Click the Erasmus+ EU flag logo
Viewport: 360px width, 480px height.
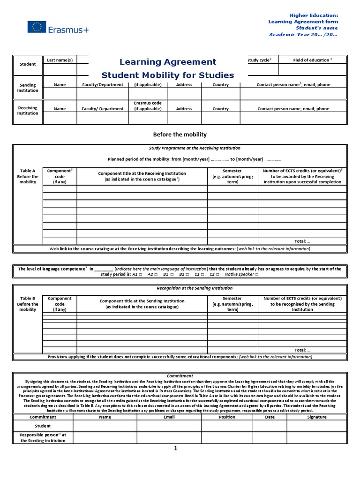36,27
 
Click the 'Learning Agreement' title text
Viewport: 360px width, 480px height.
168,62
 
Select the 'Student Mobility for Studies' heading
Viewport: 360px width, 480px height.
168,75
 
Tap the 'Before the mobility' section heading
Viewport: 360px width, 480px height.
180,135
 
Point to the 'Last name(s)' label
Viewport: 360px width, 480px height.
60,60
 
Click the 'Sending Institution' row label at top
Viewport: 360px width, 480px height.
28,88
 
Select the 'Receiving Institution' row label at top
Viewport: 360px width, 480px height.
28,110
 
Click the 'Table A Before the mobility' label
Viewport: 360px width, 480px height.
28,176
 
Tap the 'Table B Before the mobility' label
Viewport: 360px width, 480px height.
28,304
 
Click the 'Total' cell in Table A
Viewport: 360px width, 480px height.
302,241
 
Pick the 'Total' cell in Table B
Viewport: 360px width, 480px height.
302,350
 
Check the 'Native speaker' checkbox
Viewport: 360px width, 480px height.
256,275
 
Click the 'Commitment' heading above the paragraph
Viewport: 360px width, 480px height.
180,376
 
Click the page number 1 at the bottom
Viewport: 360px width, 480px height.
176,449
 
